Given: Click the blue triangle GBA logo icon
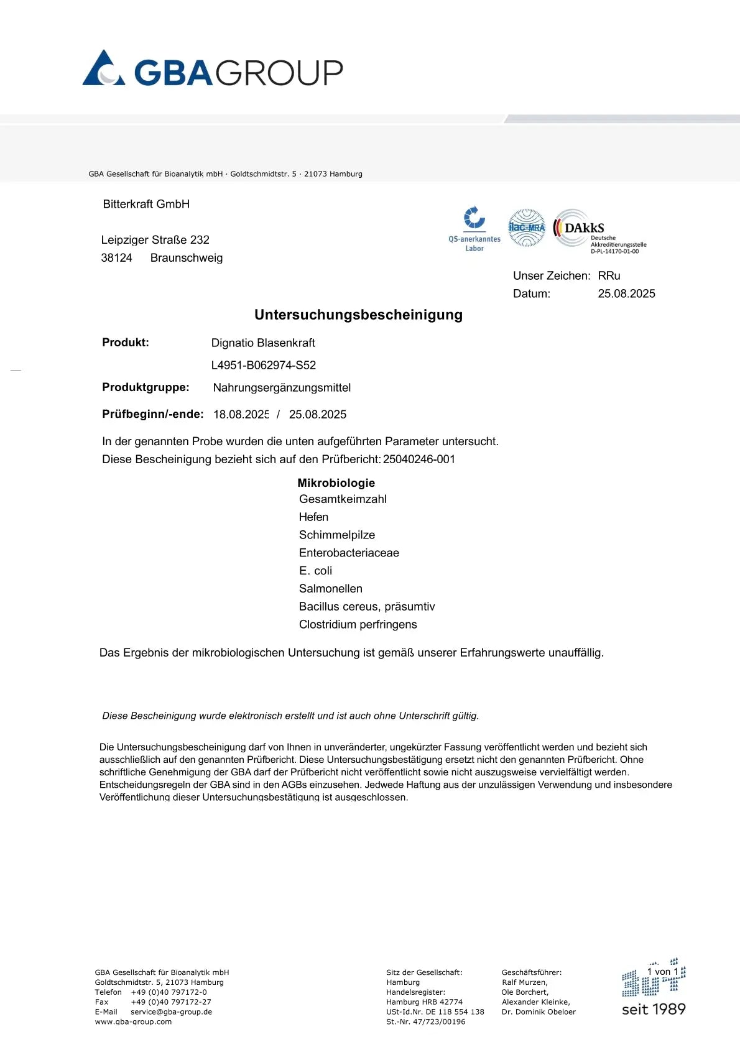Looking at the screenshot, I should click(x=103, y=68).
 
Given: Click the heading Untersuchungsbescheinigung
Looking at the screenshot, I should click(x=358, y=315).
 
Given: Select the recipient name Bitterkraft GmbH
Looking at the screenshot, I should click(x=146, y=204).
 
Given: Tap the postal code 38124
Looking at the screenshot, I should click(x=116, y=258).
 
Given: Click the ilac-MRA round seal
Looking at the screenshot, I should click(x=526, y=228).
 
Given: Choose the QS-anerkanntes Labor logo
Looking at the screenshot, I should click(x=474, y=229).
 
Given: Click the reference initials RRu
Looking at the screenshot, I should click(x=609, y=275).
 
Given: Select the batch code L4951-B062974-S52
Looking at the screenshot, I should click(x=264, y=365).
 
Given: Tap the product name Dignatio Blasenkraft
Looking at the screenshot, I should click(x=263, y=343).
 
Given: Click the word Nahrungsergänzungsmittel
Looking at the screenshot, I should click(x=282, y=388).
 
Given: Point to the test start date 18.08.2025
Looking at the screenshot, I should click(x=241, y=414).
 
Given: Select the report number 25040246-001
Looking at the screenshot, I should click(x=419, y=459).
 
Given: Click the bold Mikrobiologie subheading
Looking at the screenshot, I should click(x=336, y=483).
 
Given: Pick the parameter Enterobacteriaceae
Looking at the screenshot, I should click(x=349, y=553).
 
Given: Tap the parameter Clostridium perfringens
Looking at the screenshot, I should click(x=358, y=624).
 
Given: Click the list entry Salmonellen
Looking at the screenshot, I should click(x=330, y=588).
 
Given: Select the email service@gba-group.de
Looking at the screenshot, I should click(x=171, y=1012).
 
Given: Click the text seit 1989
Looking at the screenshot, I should click(x=654, y=1009).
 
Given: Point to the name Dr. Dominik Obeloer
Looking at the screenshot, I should click(x=539, y=1012).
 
